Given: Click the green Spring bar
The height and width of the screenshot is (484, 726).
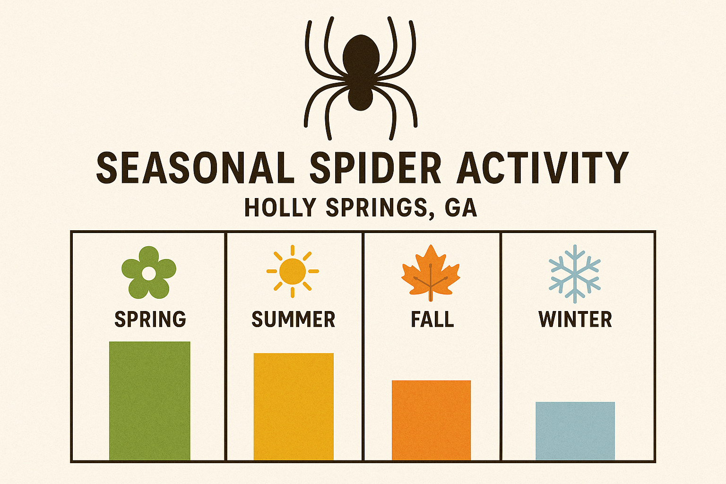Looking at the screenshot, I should (149, 400).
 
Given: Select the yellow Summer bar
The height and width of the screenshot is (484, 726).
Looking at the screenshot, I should (294, 406).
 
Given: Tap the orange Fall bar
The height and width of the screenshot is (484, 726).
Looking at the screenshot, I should (431, 420).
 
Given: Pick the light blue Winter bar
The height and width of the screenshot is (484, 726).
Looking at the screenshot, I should (575, 431).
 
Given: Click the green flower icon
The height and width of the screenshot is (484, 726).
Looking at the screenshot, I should (149, 272).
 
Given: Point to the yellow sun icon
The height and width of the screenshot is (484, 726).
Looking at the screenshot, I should (293, 271).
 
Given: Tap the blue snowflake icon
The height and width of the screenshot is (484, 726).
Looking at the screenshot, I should (575, 273).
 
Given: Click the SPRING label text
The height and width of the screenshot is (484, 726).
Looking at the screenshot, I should (150, 320).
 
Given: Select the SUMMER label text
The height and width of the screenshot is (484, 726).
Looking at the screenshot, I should (294, 320).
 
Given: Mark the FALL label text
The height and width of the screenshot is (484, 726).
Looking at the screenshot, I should (432, 319).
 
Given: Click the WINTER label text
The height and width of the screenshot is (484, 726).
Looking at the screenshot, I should (575, 320).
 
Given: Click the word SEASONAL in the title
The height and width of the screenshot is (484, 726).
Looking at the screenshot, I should (195, 168).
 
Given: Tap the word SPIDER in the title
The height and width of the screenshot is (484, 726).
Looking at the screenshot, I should (375, 168).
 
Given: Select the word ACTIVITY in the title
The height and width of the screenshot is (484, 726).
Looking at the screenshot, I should (543, 168).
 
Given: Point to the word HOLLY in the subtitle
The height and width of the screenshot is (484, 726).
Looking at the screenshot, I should (280, 207).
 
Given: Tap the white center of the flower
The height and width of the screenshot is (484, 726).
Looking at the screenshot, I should (149, 273).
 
